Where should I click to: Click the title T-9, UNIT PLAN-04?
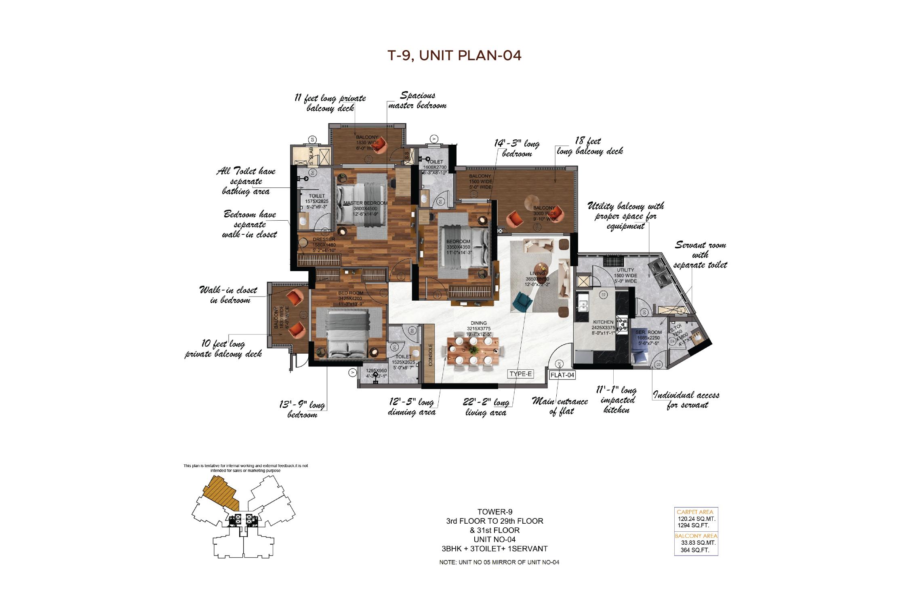click(455, 55)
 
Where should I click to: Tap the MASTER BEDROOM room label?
click(365, 203)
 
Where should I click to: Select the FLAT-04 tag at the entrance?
click(562, 375)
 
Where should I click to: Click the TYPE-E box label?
click(521, 374)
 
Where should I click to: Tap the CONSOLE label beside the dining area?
click(430, 354)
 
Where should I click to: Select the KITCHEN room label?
click(604, 322)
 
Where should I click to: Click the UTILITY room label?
click(625, 270)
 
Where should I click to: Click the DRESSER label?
click(324, 239)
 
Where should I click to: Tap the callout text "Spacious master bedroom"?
click(417, 100)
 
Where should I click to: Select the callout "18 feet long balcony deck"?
click(590, 146)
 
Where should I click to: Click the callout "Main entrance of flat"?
click(560, 407)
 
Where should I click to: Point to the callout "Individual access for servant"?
click(686, 400)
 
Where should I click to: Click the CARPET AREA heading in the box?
click(695, 512)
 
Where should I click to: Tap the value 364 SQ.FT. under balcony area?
click(695, 550)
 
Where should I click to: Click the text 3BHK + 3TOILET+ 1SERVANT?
click(494, 549)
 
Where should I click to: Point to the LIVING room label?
click(537, 274)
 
